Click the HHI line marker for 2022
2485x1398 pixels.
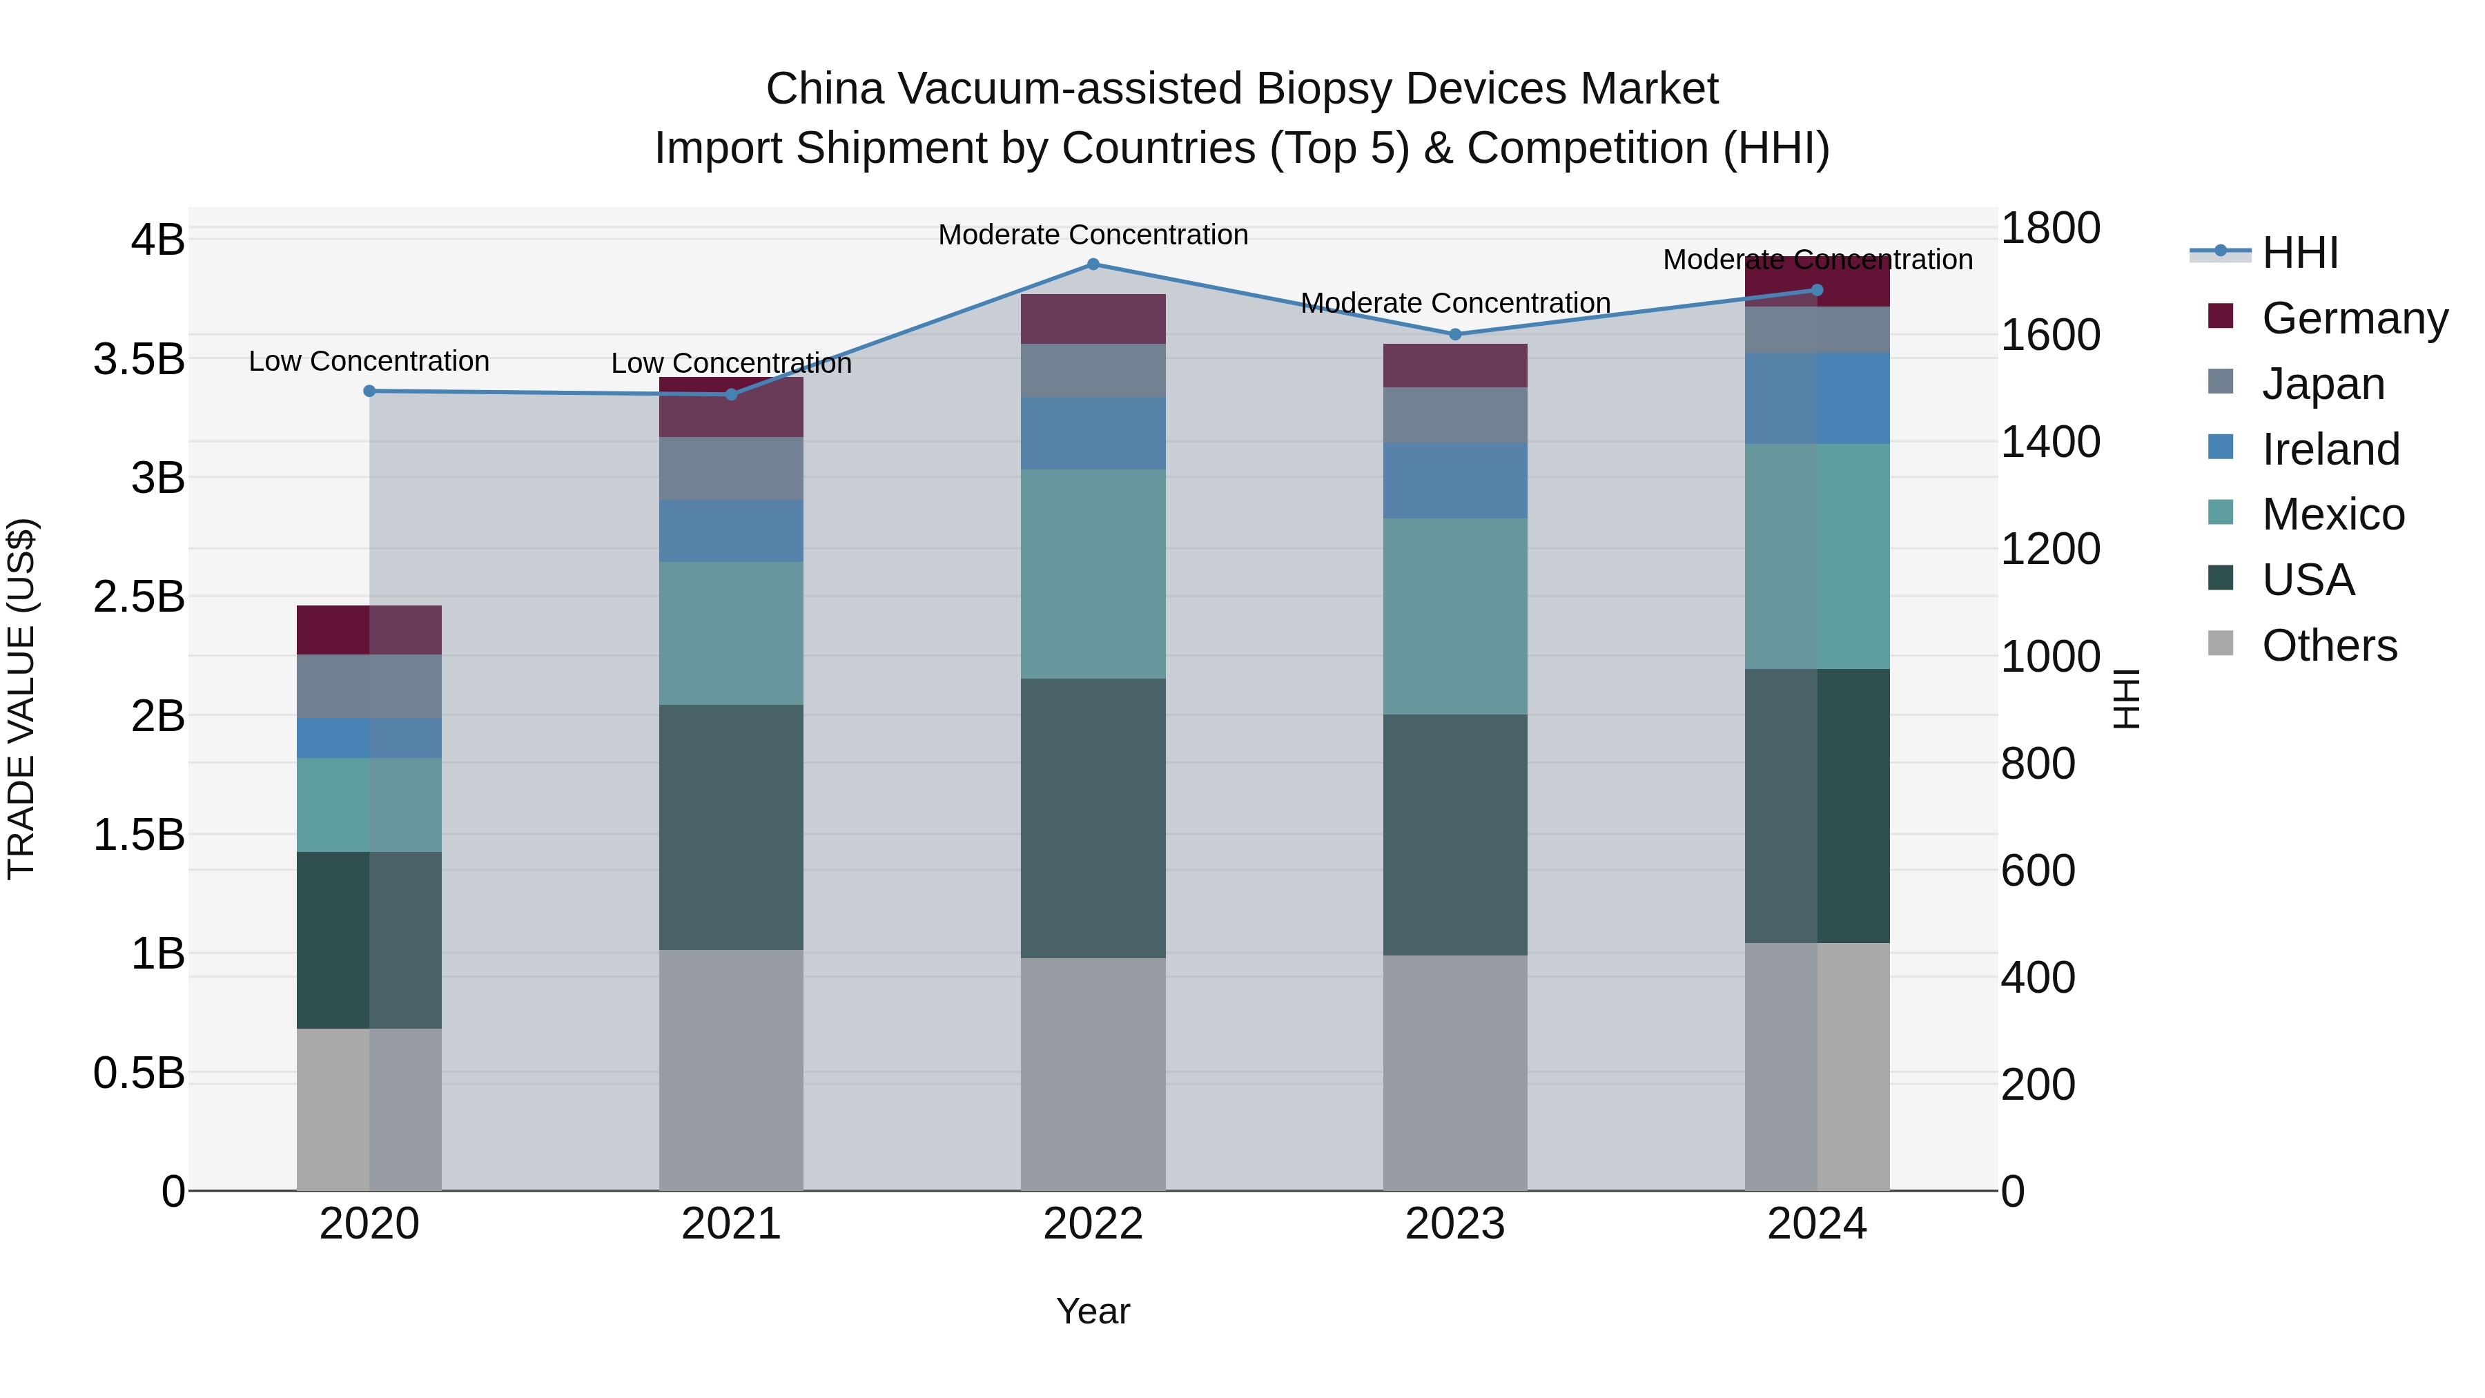pyautogui.click(x=1093, y=264)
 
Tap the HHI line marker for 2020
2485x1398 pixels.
pyautogui.click(x=369, y=391)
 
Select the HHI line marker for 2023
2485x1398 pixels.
pyautogui.click(x=1456, y=335)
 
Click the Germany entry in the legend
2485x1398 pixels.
pyautogui.click(x=2355, y=318)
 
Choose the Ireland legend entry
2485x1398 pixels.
pyautogui.click(x=2330, y=449)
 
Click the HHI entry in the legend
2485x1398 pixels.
pyautogui.click(x=2300, y=253)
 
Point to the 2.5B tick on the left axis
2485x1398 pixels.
pyautogui.click(x=139, y=596)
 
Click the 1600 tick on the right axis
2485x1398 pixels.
pyautogui.click(x=2050, y=335)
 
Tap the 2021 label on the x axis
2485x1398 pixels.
pyautogui.click(x=731, y=1224)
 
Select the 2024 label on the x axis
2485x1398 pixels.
pyautogui.click(x=1817, y=1224)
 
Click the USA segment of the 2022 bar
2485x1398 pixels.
pyautogui.click(x=1093, y=818)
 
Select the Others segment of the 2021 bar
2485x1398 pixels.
pyautogui.click(x=731, y=1070)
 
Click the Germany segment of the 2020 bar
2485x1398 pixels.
pyautogui.click(x=369, y=630)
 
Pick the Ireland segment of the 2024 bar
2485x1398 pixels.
pyautogui.click(x=1817, y=398)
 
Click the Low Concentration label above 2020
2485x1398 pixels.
pyautogui.click(x=369, y=361)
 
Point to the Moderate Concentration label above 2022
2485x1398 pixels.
pyautogui.click(x=1093, y=235)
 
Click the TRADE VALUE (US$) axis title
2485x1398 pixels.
pyautogui.click(x=21, y=699)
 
